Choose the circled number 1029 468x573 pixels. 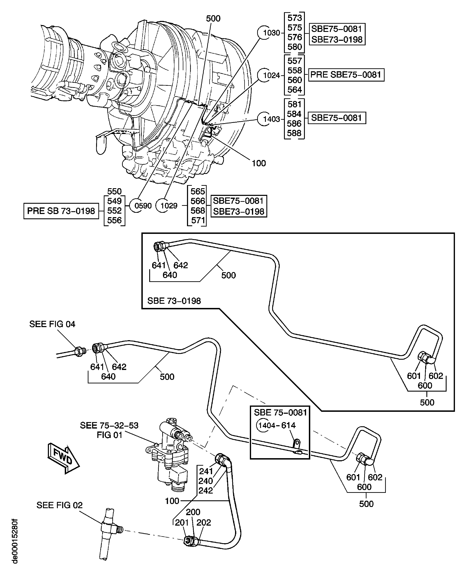(x=169, y=206)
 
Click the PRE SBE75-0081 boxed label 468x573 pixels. (x=346, y=75)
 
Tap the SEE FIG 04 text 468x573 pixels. (x=52, y=324)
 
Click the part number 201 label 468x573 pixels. (x=182, y=523)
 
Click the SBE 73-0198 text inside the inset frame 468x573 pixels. (x=174, y=301)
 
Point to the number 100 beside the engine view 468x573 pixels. (x=259, y=163)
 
